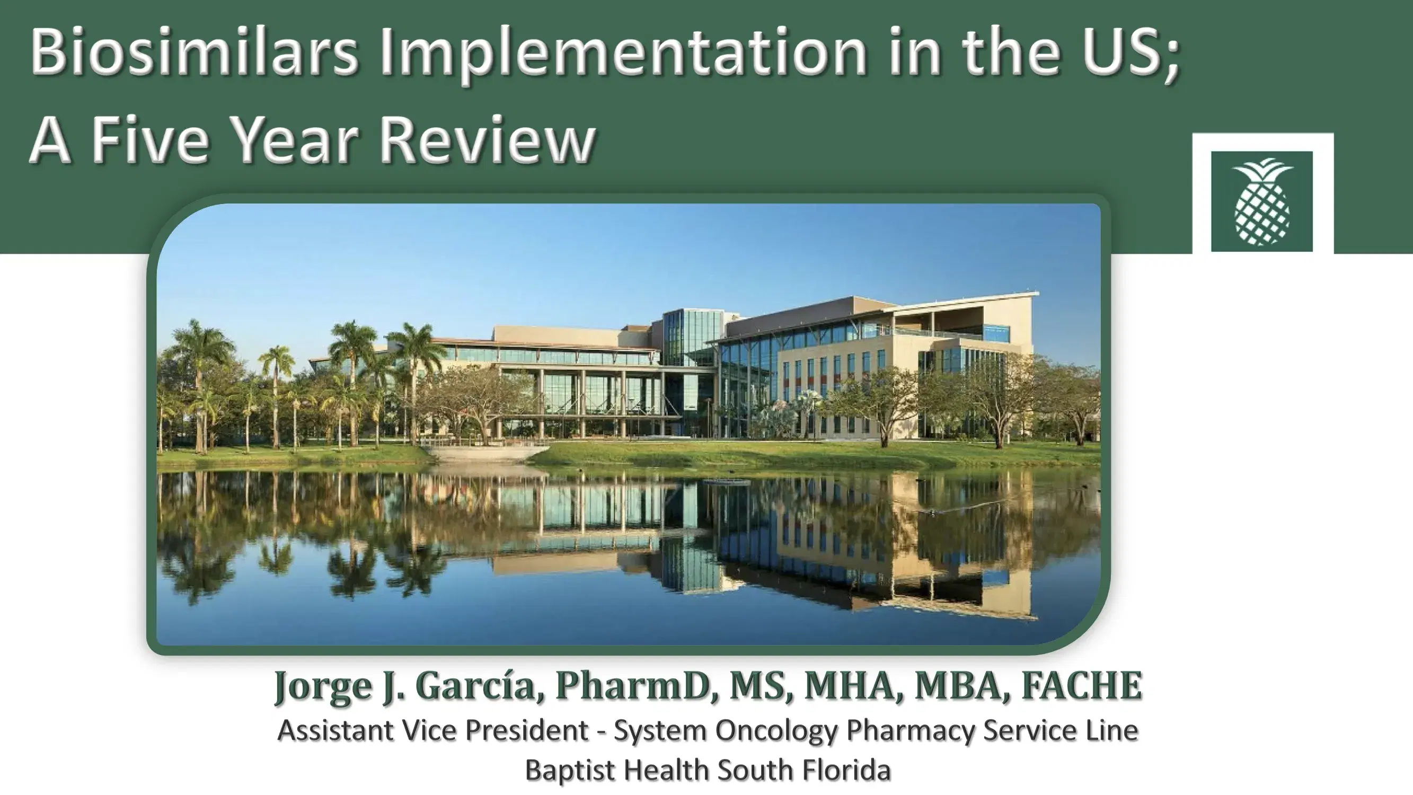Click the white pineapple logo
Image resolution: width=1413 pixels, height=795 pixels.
1261,201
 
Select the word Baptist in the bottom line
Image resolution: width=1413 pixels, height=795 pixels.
570,770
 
